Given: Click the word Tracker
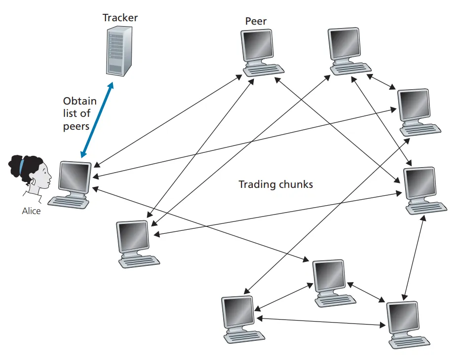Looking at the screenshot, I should [120, 18].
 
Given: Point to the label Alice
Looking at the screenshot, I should [32, 211].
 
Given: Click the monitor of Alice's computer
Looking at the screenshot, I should [75, 176].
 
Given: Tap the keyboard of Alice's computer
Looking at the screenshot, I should [69, 201].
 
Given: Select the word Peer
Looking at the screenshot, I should [256, 22].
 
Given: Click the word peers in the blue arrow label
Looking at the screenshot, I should [76, 126].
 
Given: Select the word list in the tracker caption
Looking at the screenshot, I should [70, 113].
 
